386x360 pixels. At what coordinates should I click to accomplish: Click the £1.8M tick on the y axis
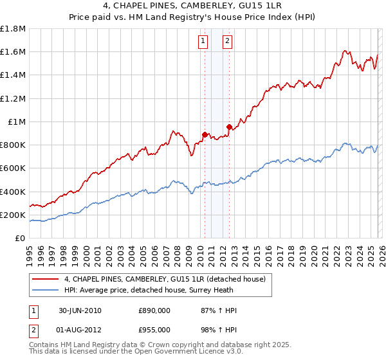tap(13, 29)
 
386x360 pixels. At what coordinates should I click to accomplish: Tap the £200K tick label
tap(13, 215)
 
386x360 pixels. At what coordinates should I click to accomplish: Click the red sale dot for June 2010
tap(205, 134)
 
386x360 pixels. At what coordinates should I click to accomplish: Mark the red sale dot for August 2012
tap(228, 127)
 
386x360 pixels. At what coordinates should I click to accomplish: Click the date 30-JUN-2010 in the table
tap(80, 310)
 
